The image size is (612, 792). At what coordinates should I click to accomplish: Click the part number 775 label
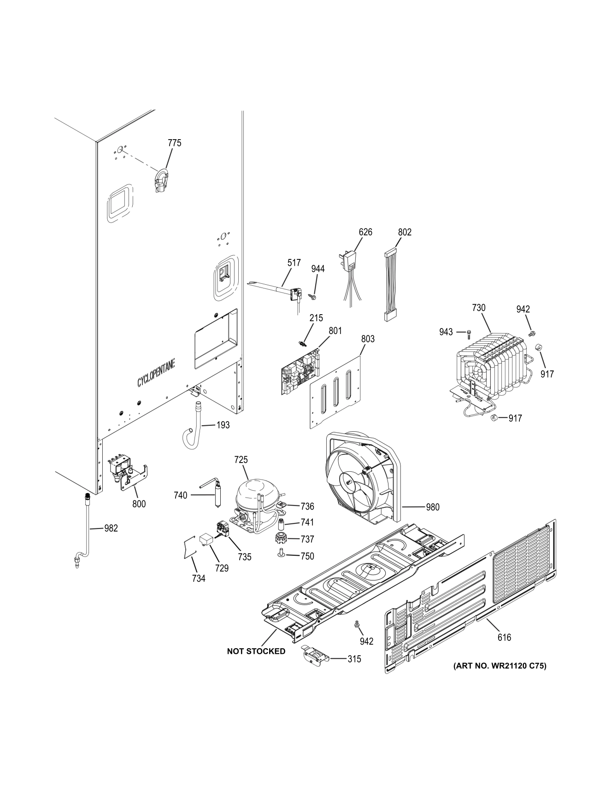[174, 143]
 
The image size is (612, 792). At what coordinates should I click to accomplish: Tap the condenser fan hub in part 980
[349, 482]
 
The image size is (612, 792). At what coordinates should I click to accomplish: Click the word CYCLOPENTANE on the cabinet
[155, 374]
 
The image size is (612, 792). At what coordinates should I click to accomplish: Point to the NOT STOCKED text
[256, 651]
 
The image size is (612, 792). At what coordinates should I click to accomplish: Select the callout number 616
[504, 637]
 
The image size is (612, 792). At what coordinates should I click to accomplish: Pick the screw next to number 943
[469, 332]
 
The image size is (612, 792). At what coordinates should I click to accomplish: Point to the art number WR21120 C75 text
[500, 665]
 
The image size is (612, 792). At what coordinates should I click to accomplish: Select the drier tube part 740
[215, 495]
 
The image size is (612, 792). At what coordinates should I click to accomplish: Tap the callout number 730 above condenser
[478, 307]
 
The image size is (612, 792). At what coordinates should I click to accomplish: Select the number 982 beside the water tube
[111, 528]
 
